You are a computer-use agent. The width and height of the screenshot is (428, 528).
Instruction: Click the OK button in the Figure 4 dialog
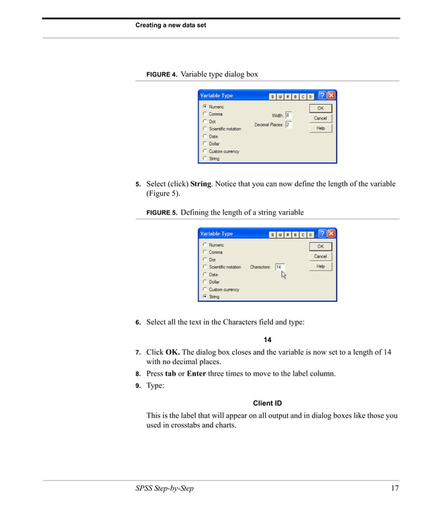pyautogui.click(x=320, y=108)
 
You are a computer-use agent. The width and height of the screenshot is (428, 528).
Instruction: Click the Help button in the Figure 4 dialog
pyautogui.click(x=320, y=128)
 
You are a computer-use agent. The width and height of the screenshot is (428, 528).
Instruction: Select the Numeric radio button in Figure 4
pyautogui.click(x=205, y=107)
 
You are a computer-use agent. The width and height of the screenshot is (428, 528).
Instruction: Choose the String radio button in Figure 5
pyautogui.click(x=205, y=297)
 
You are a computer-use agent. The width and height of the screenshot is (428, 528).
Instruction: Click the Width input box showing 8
pyautogui.click(x=288, y=115)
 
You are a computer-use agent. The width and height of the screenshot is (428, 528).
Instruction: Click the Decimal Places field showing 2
pyautogui.click(x=288, y=125)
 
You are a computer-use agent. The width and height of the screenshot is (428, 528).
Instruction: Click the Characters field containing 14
pyautogui.click(x=279, y=267)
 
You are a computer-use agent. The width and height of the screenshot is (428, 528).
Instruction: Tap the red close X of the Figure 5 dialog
pyautogui.click(x=331, y=234)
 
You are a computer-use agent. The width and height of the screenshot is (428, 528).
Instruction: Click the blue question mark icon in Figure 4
pyautogui.click(x=322, y=96)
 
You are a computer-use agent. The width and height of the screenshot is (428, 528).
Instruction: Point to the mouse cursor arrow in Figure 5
pyautogui.click(x=283, y=274)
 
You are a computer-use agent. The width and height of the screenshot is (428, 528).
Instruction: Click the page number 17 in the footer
pyautogui.click(x=394, y=488)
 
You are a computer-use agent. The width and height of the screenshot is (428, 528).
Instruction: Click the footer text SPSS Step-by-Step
pyautogui.click(x=164, y=488)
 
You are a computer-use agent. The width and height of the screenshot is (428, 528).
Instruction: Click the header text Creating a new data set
pyautogui.click(x=170, y=25)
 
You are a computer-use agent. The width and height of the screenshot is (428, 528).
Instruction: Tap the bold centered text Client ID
pyautogui.click(x=267, y=403)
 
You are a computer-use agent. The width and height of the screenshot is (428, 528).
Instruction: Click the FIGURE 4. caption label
pyautogui.click(x=161, y=74)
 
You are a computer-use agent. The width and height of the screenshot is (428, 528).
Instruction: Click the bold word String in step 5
pyautogui.click(x=201, y=184)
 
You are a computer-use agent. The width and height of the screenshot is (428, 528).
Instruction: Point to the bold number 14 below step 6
pyautogui.click(x=267, y=339)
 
